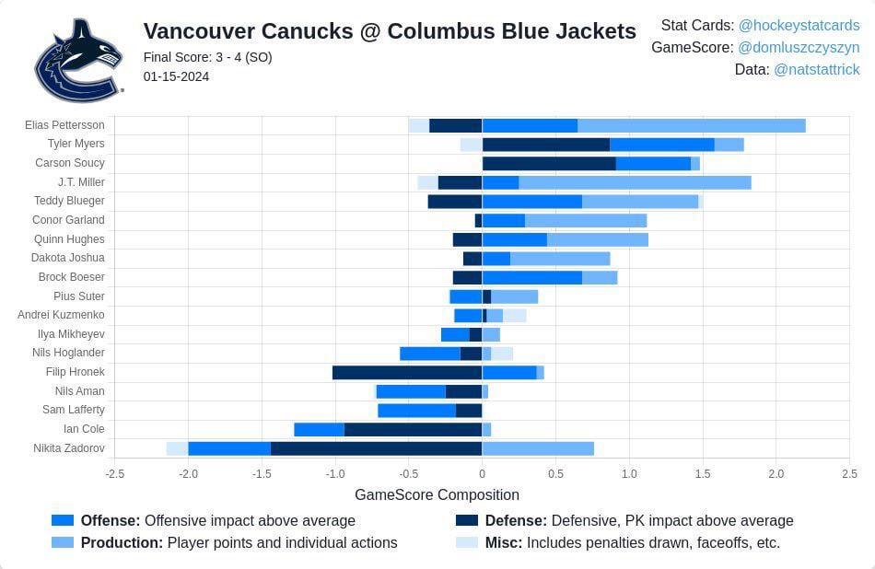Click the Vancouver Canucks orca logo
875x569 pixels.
(x=78, y=60)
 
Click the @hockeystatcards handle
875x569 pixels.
(x=799, y=26)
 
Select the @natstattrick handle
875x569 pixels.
(x=816, y=70)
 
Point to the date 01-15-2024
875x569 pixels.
(x=176, y=76)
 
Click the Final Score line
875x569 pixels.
(x=207, y=57)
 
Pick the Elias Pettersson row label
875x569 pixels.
(x=64, y=125)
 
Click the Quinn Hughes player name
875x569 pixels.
(x=69, y=239)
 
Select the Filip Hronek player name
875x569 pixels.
(x=75, y=372)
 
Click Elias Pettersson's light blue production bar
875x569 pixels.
(x=691, y=125)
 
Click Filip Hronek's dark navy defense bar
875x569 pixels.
(x=407, y=372)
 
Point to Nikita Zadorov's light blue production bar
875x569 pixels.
(x=538, y=448)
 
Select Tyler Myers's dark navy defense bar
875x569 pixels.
(x=545, y=145)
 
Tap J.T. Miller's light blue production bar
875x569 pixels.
(x=635, y=182)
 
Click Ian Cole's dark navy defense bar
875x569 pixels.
(x=413, y=429)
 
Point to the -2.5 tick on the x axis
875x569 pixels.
(x=114, y=474)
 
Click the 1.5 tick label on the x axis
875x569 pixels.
(x=703, y=474)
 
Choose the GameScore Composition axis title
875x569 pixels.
(x=437, y=494)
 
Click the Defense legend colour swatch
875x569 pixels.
(x=467, y=520)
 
